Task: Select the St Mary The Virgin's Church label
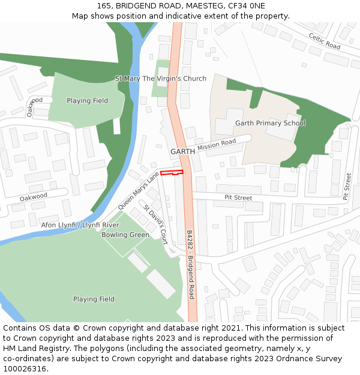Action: pyautogui.click(x=161, y=79)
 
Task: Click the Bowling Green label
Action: pyautogui.click(x=125, y=235)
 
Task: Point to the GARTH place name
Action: pyautogui.click(x=182, y=152)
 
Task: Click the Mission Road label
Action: pyautogui.click(x=217, y=145)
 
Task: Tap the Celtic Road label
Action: pyautogui.click(x=325, y=41)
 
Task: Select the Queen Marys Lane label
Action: pyautogui.click(x=139, y=190)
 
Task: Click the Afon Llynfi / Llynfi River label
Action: pyautogui.click(x=80, y=224)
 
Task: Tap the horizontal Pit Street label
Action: pyautogui.click(x=238, y=197)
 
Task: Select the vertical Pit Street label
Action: pyautogui.click(x=347, y=186)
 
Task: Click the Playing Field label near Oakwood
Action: pyautogui.click(x=88, y=101)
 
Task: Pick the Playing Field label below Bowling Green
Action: pyautogui.click(x=94, y=299)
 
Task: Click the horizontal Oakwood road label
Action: pyautogui.click(x=33, y=197)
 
